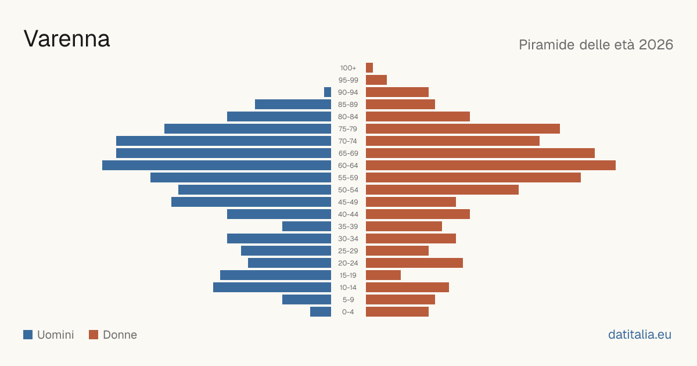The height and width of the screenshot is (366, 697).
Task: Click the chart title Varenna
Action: pos(67,39)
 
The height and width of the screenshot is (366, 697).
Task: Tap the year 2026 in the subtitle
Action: pos(656,45)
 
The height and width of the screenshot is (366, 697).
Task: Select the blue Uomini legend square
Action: pos(28,335)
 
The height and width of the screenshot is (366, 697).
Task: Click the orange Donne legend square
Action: pos(94,335)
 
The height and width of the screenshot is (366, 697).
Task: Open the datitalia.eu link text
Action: pos(639,335)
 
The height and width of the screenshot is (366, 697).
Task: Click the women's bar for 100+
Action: pos(369,67)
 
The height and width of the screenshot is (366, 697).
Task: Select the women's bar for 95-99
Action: pos(376,80)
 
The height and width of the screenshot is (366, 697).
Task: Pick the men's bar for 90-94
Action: pos(328,92)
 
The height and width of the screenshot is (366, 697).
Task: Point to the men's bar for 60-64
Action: pos(217,165)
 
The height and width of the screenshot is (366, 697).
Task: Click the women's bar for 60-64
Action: pos(491,165)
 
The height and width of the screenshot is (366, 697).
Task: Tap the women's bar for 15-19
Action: pos(383,275)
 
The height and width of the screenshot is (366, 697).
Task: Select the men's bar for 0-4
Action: pos(321,311)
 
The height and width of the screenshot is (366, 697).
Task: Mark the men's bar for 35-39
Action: pos(307,226)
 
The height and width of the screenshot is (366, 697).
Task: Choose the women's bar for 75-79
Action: pos(463,129)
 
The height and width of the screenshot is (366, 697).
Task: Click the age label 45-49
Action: pos(348,202)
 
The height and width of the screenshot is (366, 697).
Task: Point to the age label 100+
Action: pos(348,68)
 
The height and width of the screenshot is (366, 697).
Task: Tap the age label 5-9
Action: pos(348,300)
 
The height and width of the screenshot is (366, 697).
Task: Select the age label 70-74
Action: pos(348,141)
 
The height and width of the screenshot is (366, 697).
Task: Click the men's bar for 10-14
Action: pos(272,287)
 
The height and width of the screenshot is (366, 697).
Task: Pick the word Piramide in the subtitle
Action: pos(547,45)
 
